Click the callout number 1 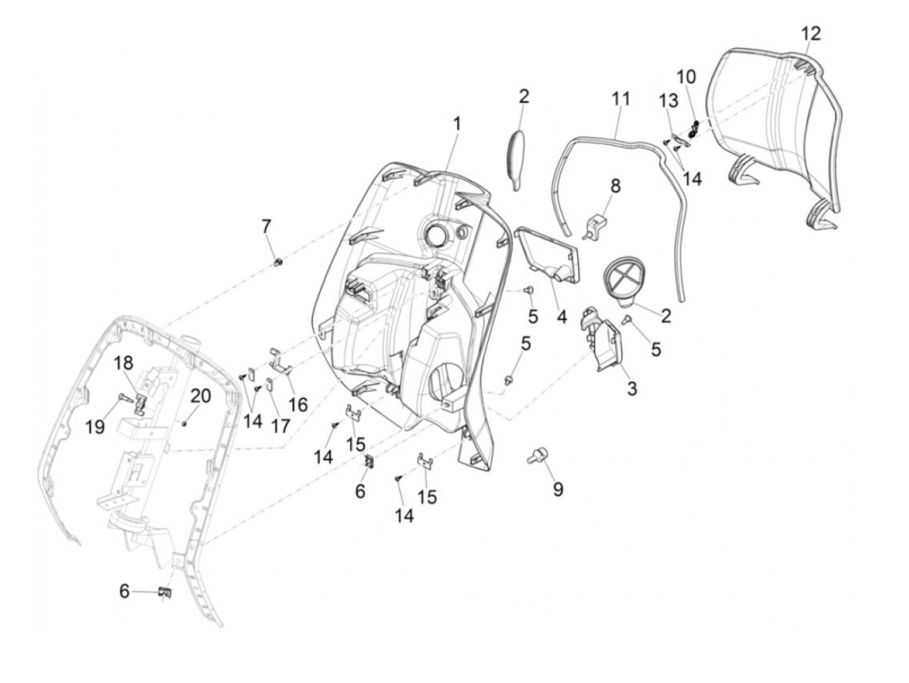[x=457, y=123]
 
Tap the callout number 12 [x=810, y=34]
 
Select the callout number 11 [x=621, y=99]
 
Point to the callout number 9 [x=558, y=489]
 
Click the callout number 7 [x=266, y=227]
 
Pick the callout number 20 [x=200, y=395]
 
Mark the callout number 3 [x=632, y=388]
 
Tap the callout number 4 [x=562, y=317]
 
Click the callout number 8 [x=614, y=186]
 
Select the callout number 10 [x=686, y=77]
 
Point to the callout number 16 [x=298, y=404]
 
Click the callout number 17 [x=280, y=425]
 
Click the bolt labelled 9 [x=537, y=456]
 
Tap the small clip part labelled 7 [x=280, y=262]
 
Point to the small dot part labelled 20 [x=185, y=423]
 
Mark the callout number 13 [x=669, y=101]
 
